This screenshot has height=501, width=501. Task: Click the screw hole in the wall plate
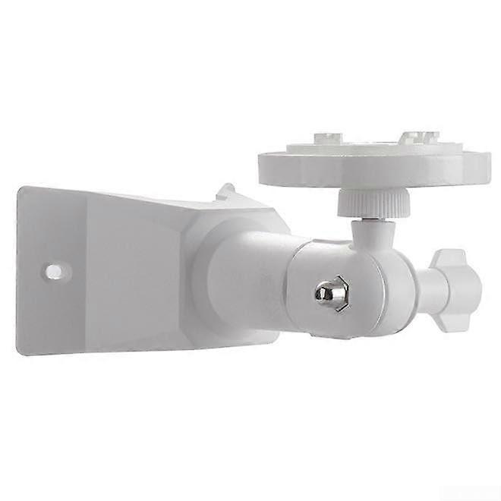pos(54,269)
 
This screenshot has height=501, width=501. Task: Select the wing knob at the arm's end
pos(461,281)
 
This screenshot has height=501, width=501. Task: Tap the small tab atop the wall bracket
pos(225,191)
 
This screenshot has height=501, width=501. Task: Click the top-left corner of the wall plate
pos(20,190)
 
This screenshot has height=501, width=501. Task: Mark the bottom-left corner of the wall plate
pos(20,351)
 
